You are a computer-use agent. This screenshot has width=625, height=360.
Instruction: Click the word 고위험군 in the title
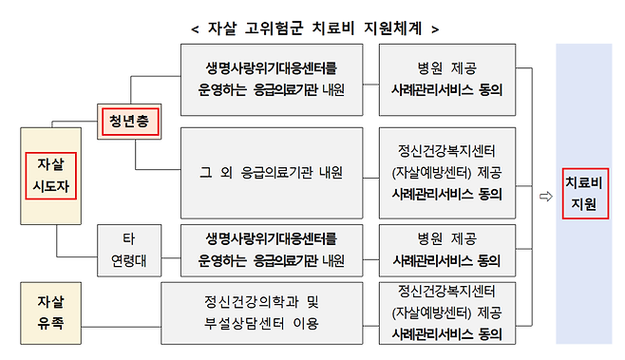[x=259, y=28]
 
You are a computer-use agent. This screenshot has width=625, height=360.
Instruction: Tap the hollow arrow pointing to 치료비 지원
[x=545, y=197]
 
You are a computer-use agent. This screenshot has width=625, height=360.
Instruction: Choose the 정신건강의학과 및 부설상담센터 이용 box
[x=263, y=312]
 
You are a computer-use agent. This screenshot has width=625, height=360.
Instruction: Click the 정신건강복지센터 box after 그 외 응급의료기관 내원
[x=446, y=172]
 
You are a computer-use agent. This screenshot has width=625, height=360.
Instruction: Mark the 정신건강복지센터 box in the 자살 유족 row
[x=446, y=313]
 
